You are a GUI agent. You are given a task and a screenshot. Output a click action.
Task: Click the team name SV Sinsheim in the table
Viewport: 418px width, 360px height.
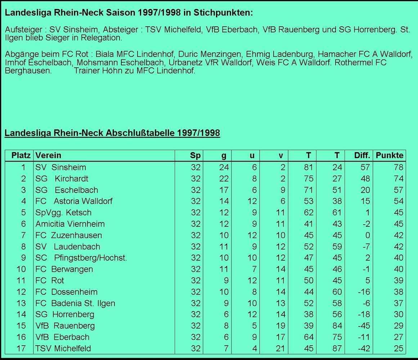60,167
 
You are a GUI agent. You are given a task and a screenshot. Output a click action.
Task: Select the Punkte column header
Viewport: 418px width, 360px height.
390,156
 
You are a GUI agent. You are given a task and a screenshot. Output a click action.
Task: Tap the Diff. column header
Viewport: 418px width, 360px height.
362,156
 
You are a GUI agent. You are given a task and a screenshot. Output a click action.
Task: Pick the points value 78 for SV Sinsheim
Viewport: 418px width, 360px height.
399,167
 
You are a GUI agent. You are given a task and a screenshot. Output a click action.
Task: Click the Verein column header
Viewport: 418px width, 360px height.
48,156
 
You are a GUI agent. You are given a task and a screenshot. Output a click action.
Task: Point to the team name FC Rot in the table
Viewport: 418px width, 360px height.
50,280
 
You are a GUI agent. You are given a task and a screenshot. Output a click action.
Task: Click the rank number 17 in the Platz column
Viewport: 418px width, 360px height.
21,348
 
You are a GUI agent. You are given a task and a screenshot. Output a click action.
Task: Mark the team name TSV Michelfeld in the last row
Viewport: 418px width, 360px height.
63,348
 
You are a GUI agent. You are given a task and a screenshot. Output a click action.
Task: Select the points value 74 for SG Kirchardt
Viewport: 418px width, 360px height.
399,179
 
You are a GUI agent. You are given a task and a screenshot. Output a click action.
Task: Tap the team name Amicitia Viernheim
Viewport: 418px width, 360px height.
70,224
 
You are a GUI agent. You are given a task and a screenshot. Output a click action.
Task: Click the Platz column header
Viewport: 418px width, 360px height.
21,156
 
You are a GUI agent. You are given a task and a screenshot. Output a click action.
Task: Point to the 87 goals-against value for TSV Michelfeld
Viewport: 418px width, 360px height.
337,348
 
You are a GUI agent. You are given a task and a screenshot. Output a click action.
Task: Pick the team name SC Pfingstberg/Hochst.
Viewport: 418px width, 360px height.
81,258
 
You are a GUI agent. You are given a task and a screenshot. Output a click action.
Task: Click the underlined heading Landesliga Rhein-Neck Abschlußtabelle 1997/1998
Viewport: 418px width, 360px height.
112,133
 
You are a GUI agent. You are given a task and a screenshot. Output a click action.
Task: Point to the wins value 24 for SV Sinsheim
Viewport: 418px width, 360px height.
224,167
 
